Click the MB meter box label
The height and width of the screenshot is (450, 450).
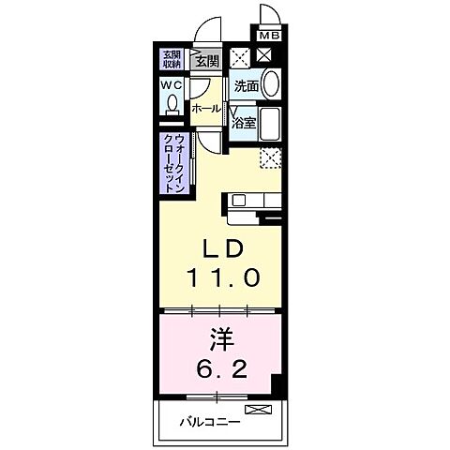(269, 37)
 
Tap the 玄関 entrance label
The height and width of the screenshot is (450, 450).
(206, 62)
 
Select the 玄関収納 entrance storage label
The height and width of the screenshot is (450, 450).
(172, 59)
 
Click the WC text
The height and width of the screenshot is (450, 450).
(171, 86)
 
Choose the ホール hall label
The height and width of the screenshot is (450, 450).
(206, 109)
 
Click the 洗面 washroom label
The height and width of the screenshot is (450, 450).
(246, 86)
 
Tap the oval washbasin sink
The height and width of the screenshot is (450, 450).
(270, 84)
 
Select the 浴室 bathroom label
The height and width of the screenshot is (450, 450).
(245, 122)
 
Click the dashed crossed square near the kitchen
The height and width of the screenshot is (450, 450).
(271, 157)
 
